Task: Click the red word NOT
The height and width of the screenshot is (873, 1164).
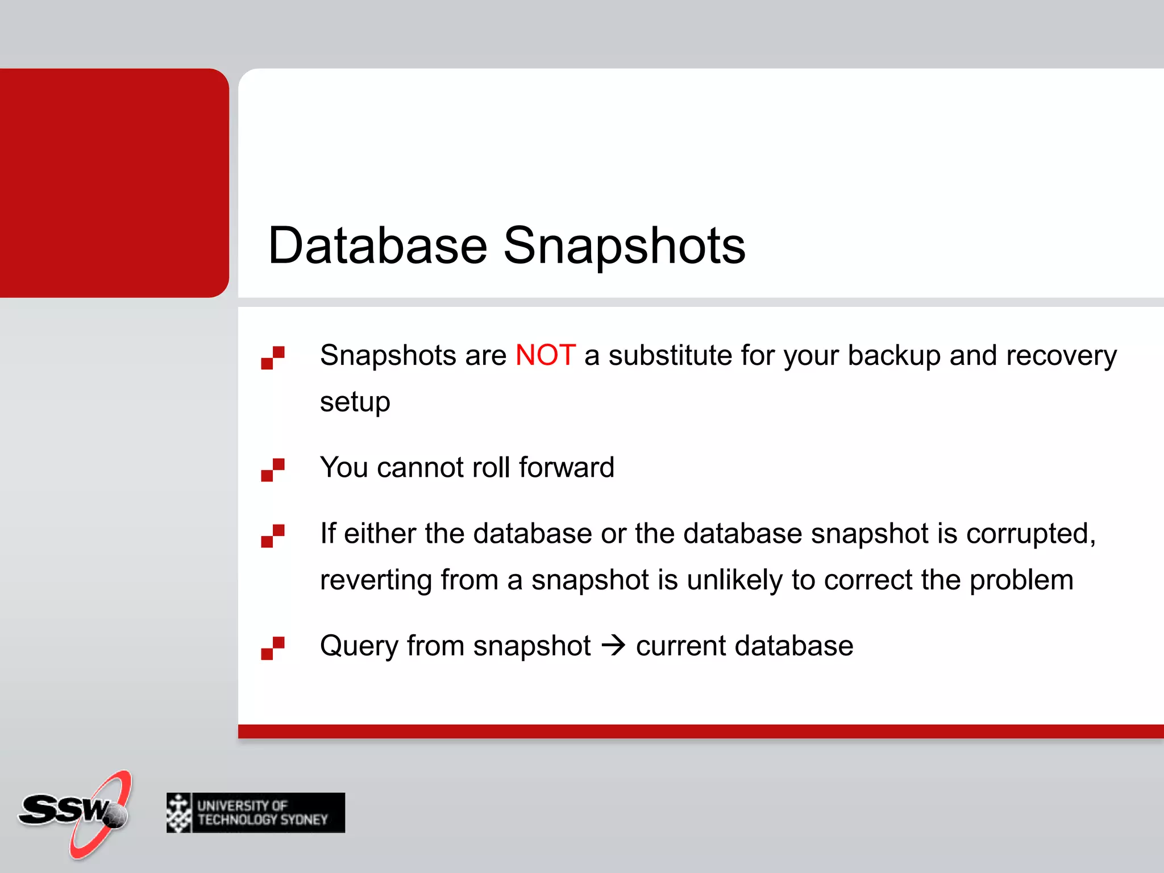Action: (545, 355)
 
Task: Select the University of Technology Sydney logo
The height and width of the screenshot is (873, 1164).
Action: (256, 813)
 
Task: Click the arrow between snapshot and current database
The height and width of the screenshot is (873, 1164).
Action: (613, 646)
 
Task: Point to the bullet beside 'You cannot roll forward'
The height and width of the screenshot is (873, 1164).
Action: (273, 469)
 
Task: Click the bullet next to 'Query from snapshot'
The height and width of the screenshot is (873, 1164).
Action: (273, 648)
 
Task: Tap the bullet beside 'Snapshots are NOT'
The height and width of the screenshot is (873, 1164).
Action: (273, 357)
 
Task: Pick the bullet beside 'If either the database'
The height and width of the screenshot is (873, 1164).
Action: (273, 535)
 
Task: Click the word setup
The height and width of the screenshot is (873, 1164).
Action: (355, 402)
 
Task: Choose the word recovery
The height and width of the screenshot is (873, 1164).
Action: (1061, 356)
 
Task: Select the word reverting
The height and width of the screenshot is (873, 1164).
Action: (376, 580)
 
